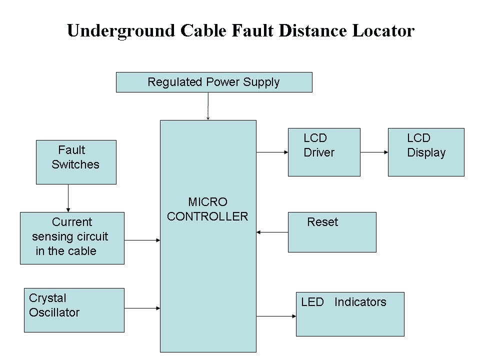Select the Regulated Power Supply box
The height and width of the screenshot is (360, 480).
point(214,82)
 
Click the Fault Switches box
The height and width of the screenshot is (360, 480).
point(76,162)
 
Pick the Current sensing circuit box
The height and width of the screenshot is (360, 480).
point(72,238)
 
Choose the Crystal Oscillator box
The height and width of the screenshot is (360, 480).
point(74,310)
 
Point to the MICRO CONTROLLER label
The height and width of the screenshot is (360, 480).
point(207,209)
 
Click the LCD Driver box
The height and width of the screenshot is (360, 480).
point(324,152)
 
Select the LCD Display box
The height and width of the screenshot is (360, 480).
point(426,152)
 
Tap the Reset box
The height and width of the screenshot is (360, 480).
point(332,232)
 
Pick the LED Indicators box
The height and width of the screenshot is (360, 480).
point(350,314)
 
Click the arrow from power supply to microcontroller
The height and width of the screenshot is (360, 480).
point(208,106)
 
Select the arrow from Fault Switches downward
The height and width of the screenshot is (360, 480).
point(68,198)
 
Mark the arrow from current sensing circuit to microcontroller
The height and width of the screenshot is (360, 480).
point(142,240)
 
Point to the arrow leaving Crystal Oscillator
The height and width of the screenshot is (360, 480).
point(142,308)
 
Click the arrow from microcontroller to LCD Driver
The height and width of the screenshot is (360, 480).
point(272,152)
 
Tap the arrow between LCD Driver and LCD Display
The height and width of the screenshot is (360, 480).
point(374,152)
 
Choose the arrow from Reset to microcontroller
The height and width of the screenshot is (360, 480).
point(272,232)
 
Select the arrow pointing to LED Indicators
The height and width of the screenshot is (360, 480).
point(276,316)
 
